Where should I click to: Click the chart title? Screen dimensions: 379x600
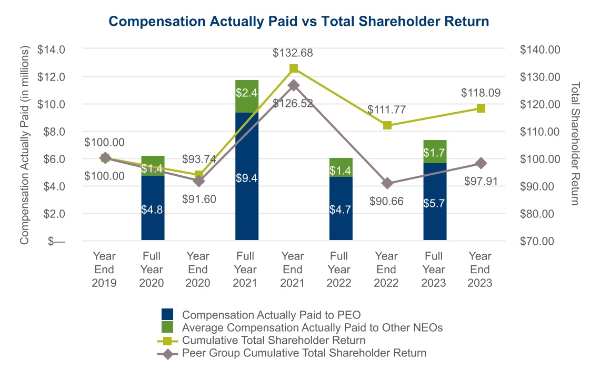(299, 21)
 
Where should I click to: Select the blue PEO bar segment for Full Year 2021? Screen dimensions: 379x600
(247, 176)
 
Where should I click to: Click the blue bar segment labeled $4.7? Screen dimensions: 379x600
(341, 208)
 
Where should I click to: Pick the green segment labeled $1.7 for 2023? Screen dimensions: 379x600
(435, 152)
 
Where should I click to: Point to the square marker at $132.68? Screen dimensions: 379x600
(294, 68)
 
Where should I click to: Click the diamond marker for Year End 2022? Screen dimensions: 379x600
(387, 183)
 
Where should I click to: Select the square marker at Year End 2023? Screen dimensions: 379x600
(481, 108)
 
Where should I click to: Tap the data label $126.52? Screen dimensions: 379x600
(294, 104)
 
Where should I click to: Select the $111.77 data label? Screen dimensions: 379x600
(387, 109)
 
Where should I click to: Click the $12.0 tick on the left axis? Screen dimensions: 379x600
(51, 77)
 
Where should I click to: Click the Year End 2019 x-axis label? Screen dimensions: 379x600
(104, 270)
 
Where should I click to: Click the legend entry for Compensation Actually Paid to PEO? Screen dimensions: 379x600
(271, 315)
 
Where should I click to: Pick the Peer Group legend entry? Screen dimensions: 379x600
(303, 353)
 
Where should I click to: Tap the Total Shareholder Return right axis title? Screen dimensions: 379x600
(575, 143)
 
